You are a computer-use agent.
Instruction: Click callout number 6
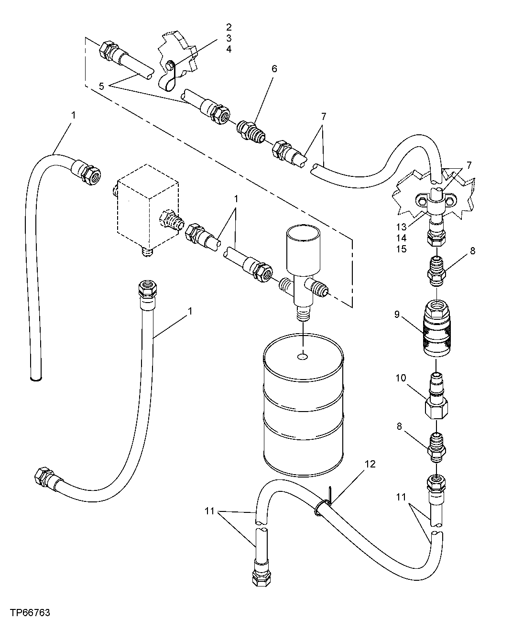274,68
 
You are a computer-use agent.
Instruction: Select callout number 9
397,315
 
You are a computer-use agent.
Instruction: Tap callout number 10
400,378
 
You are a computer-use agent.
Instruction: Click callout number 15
401,249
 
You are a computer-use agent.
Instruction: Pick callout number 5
101,86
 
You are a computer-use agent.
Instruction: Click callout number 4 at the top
229,49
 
